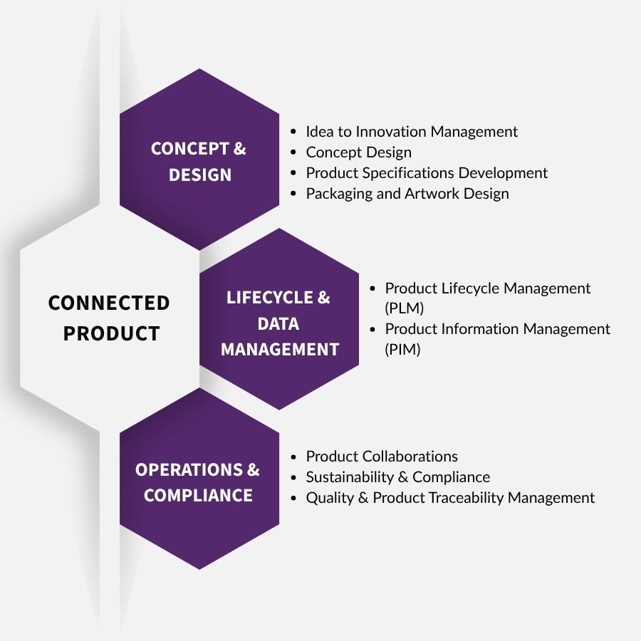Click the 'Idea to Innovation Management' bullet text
(x=412, y=132)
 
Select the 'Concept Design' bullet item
(x=358, y=152)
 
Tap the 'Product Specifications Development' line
(x=427, y=173)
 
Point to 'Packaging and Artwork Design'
(x=407, y=194)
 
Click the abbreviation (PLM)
(x=404, y=308)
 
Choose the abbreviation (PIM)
(x=402, y=350)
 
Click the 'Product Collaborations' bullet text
(x=382, y=457)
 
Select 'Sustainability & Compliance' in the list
(x=397, y=477)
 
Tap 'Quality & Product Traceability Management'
(x=450, y=498)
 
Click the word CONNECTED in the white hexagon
(x=109, y=303)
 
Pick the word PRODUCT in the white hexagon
(x=111, y=334)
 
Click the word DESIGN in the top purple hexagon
(x=200, y=175)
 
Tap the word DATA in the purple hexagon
(x=278, y=324)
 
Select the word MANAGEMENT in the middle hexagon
(x=279, y=350)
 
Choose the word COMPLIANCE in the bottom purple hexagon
(x=198, y=496)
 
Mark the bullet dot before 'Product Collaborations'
(x=293, y=457)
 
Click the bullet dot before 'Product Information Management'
(x=372, y=329)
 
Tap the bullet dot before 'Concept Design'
(x=293, y=152)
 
